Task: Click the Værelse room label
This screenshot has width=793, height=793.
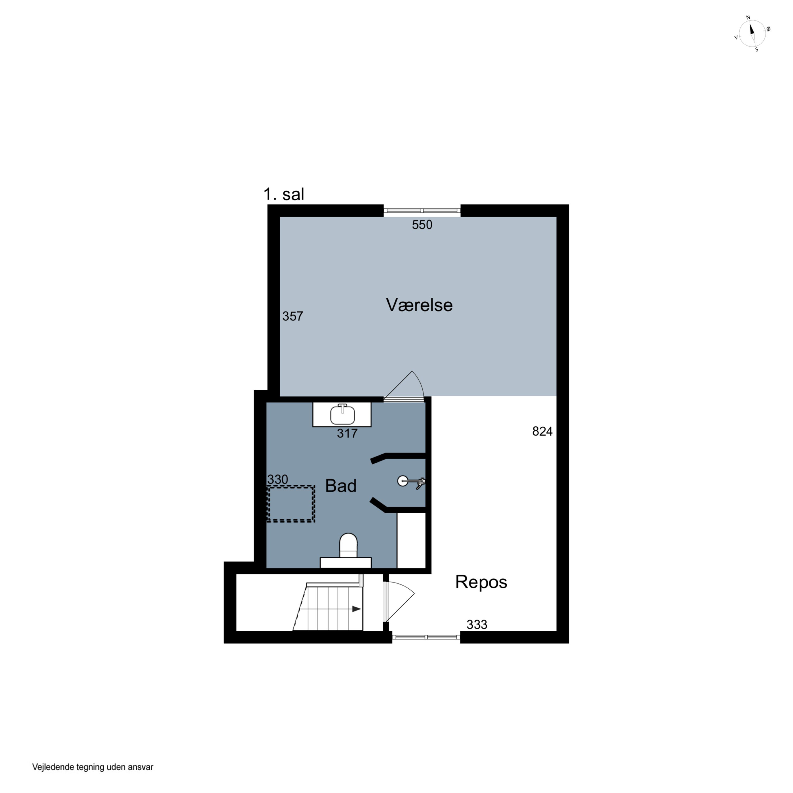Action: (419, 305)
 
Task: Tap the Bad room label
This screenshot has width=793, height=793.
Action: (341, 486)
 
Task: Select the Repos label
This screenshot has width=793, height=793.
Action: (481, 582)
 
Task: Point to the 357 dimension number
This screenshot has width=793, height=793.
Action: (293, 316)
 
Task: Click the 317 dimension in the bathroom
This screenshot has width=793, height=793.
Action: (347, 434)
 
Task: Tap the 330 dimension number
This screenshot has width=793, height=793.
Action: (278, 480)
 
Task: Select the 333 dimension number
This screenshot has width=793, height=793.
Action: (477, 624)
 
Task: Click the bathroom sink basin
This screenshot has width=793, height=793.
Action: (342, 414)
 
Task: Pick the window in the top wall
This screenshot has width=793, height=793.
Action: (422, 211)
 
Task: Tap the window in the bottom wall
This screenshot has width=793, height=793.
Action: (426, 637)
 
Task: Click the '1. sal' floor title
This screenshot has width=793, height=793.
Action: (284, 194)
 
